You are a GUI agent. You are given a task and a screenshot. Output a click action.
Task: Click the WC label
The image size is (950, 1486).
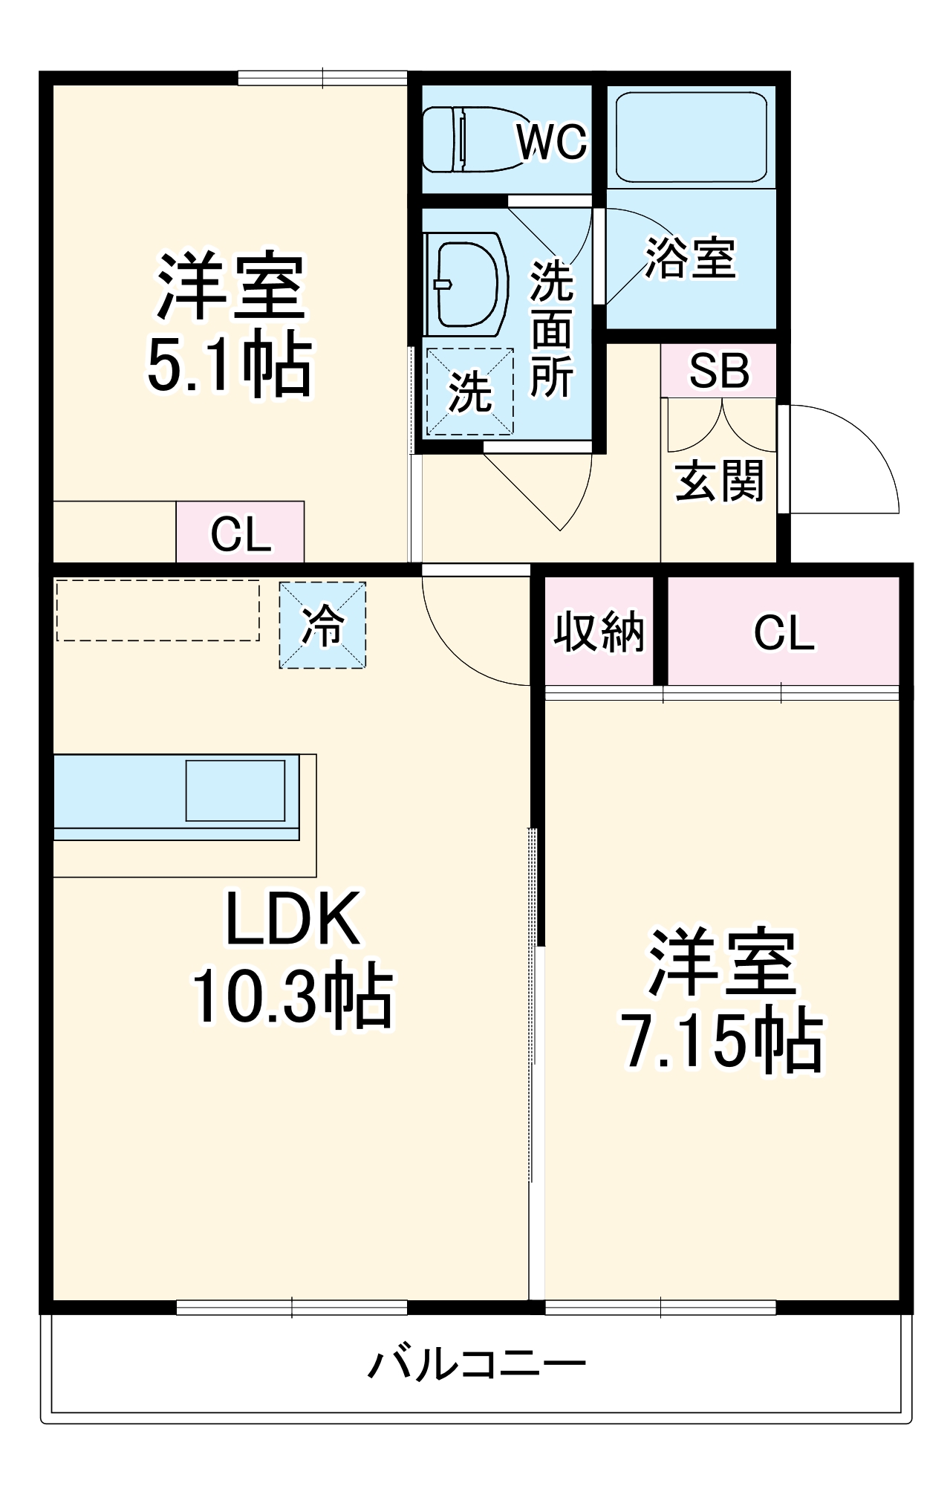click(x=551, y=141)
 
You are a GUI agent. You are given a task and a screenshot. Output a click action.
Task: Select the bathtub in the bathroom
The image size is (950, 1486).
click(x=691, y=137)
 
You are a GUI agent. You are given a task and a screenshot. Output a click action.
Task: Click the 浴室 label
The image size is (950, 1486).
click(x=690, y=259)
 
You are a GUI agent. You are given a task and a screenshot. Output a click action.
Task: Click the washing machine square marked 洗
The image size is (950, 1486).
click(x=469, y=392)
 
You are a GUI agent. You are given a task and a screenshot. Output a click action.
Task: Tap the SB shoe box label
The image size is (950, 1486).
click(x=718, y=370)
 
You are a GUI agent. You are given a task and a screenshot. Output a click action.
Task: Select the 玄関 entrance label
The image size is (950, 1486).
click(x=719, y=480)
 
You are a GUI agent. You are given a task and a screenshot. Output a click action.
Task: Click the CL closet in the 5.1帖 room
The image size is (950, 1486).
click(x=240, y=533)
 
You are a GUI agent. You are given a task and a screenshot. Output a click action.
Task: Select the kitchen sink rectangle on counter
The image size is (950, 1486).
click(x=235, y=791)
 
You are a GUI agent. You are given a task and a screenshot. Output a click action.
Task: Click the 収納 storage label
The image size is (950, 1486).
click(x=599, y=632)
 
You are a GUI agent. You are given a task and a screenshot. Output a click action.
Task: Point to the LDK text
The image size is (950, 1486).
click(x=293, y=919)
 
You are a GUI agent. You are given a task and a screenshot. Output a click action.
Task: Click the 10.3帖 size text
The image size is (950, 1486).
click(x=293, y=996)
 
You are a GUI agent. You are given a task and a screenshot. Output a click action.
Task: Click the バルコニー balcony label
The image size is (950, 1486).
click(x=477, y=1365)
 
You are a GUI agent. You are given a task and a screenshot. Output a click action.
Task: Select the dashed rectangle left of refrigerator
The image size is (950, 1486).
click(x=157, y=610)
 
